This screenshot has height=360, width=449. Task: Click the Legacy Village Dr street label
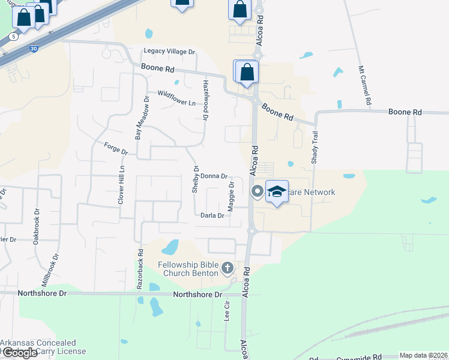(169, 52)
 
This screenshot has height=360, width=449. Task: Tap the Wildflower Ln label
(176, 98)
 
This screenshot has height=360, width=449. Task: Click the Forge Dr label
(116, 148)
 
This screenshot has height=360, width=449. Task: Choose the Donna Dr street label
(214, 176)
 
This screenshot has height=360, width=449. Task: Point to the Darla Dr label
(212, 215)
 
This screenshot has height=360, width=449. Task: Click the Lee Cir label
(227, 312)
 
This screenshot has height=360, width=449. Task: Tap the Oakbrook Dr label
(37, 221)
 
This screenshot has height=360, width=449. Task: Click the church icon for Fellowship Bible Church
(228, 267)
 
